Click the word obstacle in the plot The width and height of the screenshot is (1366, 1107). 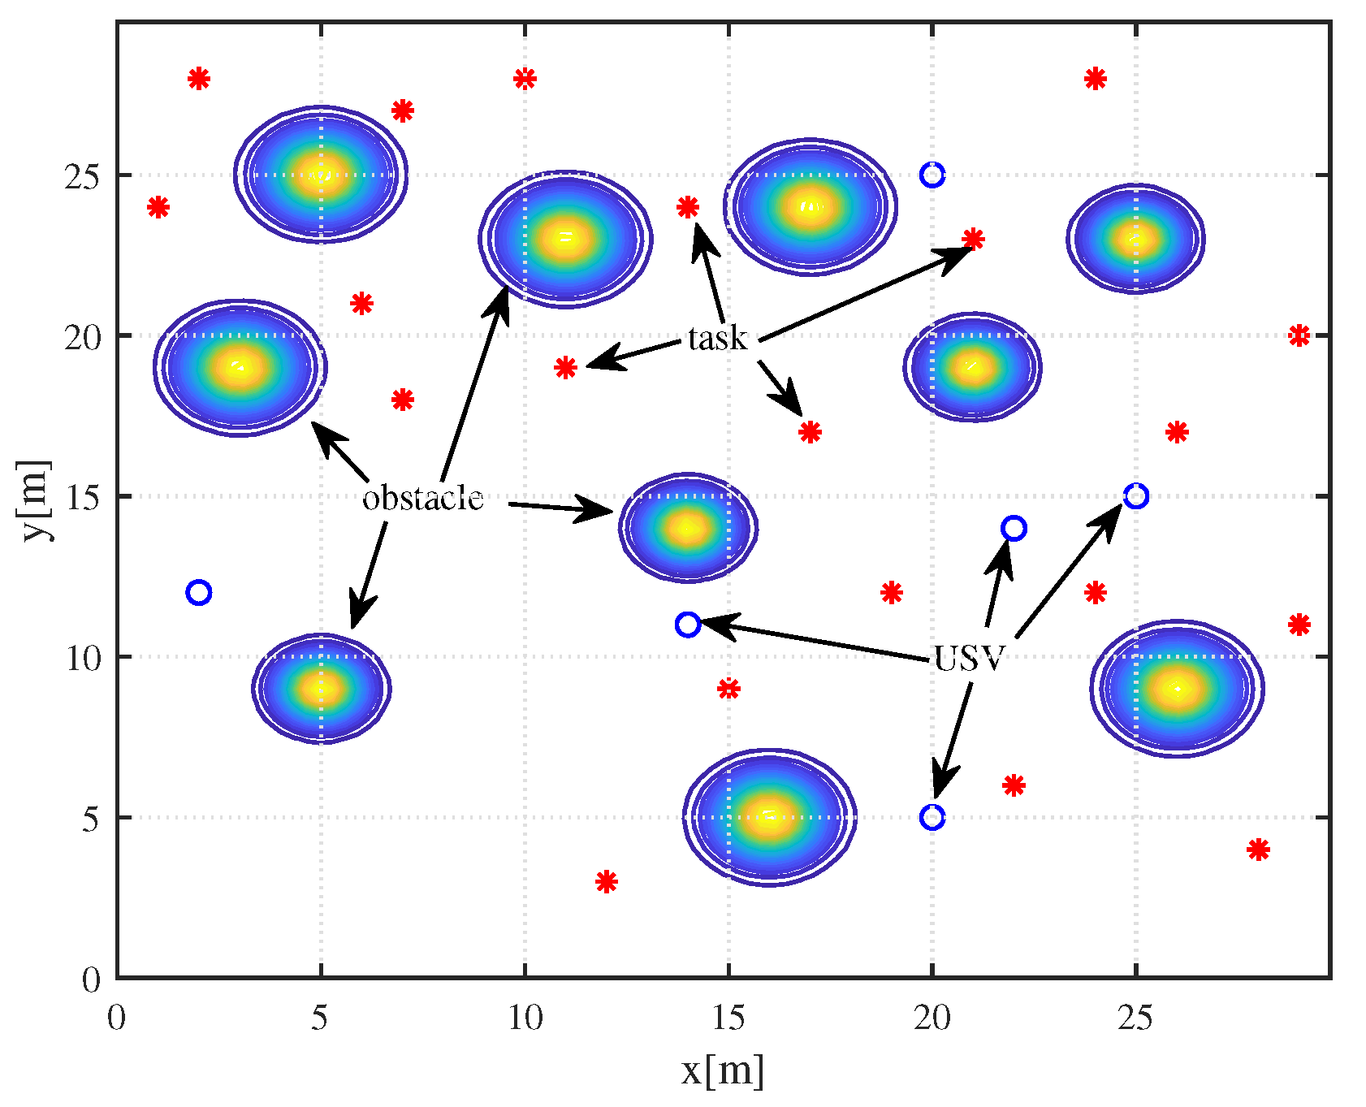pyautogui.click(x=422, y=498)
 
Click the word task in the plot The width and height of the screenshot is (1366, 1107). pyautogui.click(x=717, y=338)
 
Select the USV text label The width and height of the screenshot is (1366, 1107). pyautogui.click(x=970, y=658)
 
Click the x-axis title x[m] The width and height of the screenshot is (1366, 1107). pyautogui.click(x=722, y=1070)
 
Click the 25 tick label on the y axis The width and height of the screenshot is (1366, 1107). pyautogui.click(x=82, y=176)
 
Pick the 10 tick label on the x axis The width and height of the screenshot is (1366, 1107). pyautogui.click(x=525, y=1017)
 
